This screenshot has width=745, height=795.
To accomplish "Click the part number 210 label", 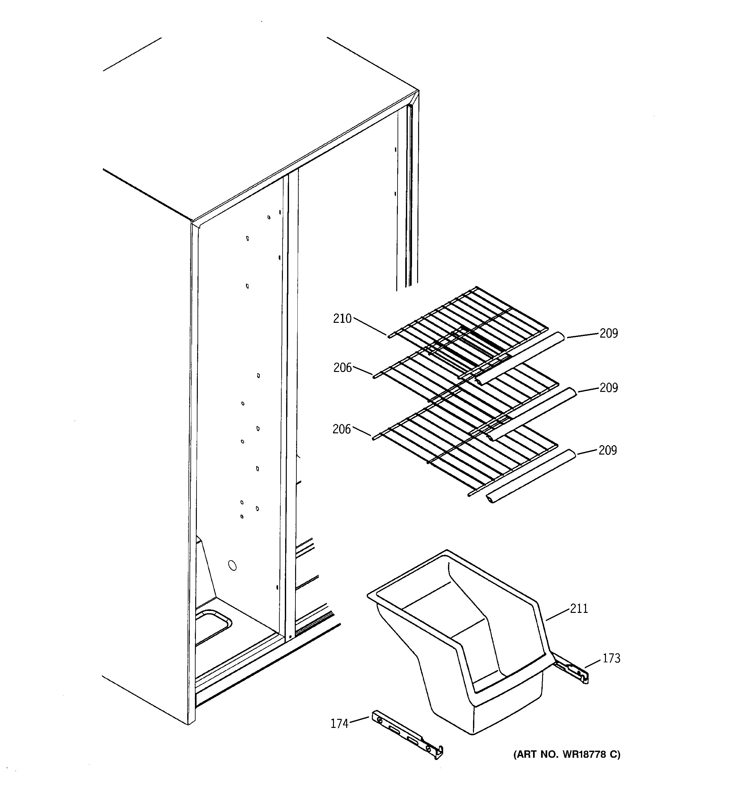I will point(342,319).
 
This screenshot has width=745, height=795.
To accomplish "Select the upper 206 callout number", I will point(342,367).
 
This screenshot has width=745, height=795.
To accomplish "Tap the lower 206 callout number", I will point(341,429).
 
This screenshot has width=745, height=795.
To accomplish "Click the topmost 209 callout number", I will point(608,333).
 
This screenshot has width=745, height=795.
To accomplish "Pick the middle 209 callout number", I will point(608,387).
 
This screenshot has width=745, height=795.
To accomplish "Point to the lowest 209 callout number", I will point(608,450).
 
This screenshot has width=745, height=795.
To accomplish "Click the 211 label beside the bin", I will point(579,608).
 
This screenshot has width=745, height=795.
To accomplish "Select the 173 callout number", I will point(611,658).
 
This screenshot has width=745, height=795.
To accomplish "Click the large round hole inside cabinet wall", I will point(232,565).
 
